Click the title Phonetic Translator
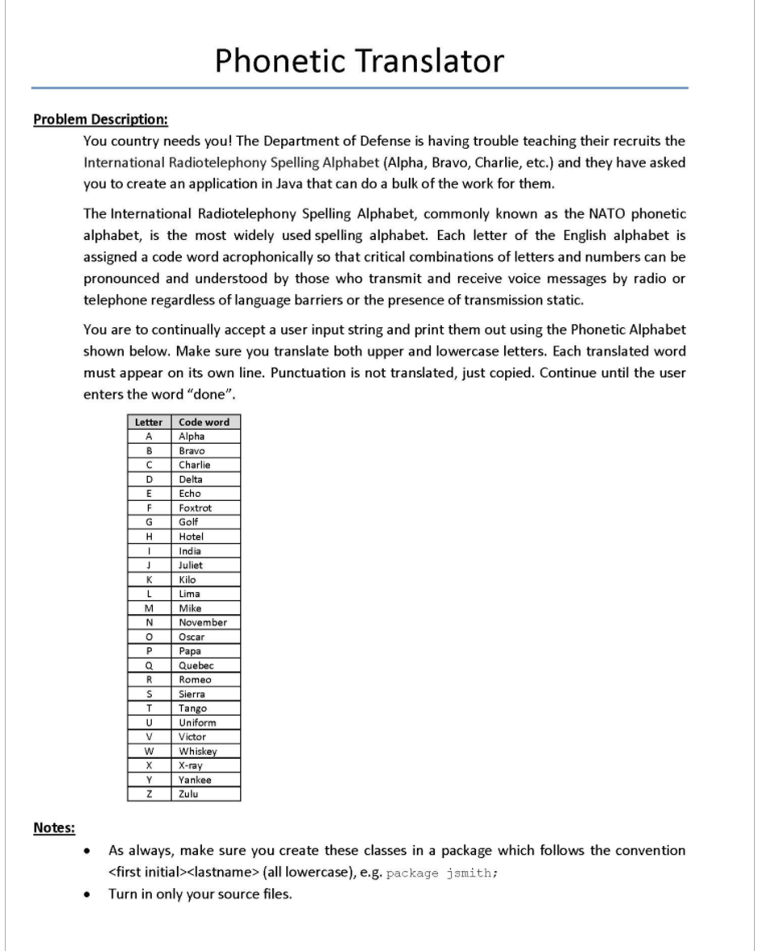click(x=360, y=61)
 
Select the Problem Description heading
click(x=100, y=120)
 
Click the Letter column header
click(x=148, y=422)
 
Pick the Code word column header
click(x=204, y=422)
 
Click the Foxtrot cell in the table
click(x=195, y=507)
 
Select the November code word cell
click(x=203, y=622)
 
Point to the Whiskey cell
click(x=197, y=751)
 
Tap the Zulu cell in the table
click(x=188, y=793)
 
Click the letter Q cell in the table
click(x=148, y=665)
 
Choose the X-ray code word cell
click(x=191, y=765)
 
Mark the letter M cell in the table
click(x=148, y=608)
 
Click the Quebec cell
click(x=196, y=665)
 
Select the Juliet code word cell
click(x=191, y=565)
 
